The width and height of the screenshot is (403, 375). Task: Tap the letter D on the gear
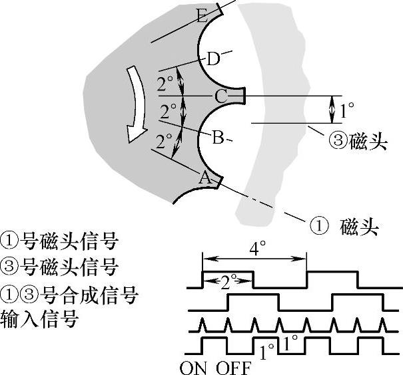[212, 59]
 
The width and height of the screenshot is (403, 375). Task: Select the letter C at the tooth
[220, 96]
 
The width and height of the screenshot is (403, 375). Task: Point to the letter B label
[217, 138]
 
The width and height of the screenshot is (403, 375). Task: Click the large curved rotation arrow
[137, 103]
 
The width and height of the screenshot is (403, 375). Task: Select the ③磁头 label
[358, 142]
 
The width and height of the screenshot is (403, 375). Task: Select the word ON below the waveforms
[194, 367]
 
